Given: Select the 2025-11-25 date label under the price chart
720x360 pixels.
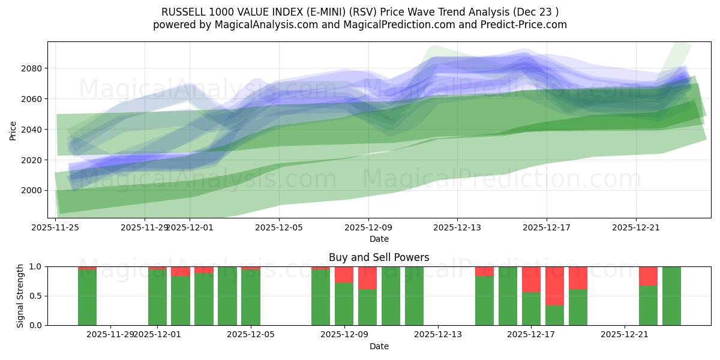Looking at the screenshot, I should tap(56, 227).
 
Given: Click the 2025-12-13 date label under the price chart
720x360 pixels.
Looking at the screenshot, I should tap(457, 227).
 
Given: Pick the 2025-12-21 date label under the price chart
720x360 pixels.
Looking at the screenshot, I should tap(636, 227).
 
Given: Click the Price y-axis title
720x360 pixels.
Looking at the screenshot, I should tap(13, 130).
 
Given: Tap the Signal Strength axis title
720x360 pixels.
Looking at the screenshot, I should tap(20, 296).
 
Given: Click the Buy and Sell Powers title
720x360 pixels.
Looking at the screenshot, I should tap(379, 257).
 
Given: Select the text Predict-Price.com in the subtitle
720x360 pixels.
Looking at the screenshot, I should tap(526, 25).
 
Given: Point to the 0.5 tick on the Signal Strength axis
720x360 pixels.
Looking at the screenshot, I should tap(35, 296).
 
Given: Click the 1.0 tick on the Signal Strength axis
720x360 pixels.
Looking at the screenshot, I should tap(35, 266).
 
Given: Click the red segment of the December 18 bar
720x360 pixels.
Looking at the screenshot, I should tap(554, 286).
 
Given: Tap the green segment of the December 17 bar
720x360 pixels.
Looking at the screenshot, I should tap(531, 308).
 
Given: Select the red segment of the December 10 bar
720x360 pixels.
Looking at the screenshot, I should tap(367, 278).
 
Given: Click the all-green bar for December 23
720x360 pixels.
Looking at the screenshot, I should tap(671, 296).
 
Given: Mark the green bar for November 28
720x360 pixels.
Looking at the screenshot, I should tap(87, 297).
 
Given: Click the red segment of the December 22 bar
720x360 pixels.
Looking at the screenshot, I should tap(648, 276).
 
